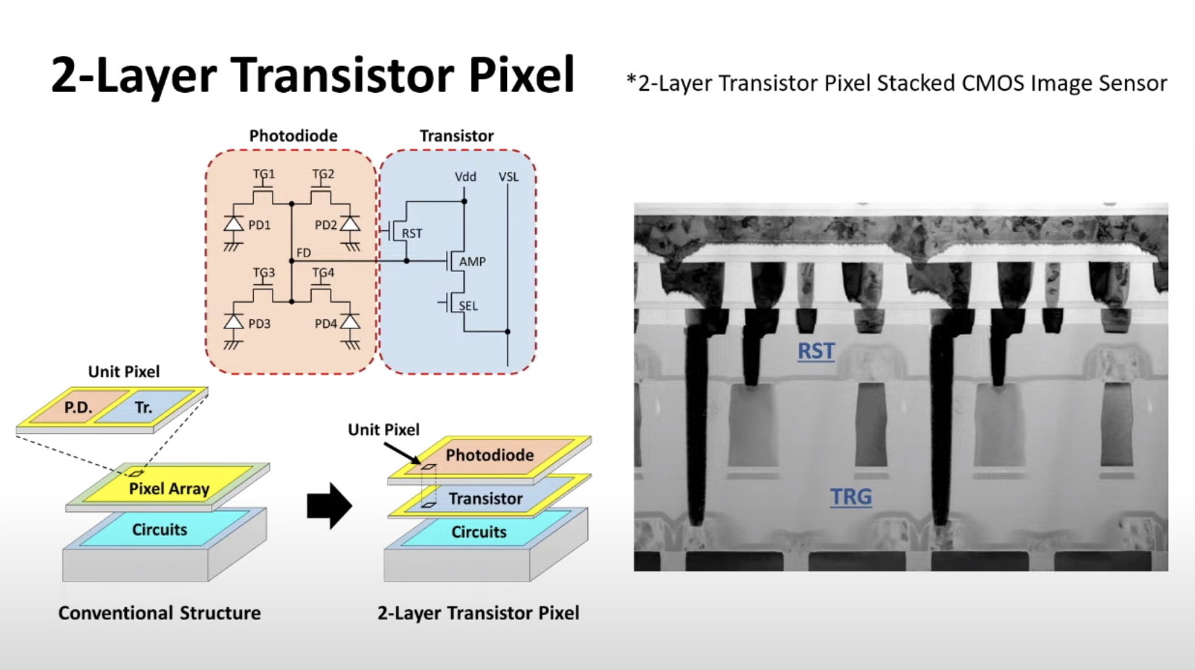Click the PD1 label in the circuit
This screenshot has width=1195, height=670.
[x=259, y=226]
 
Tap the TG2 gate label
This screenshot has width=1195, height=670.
[x=323, y=174]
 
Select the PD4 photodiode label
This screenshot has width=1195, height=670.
[x=326, y=323]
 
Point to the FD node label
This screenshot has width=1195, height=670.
[x=304, y=252]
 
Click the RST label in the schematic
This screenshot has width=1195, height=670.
[x=412, y=233]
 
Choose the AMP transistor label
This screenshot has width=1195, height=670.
[x=472, y=262]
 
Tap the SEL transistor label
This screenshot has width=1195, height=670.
[x=468, y=306]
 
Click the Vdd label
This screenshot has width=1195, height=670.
[x=466, y=176]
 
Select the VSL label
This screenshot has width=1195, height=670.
[x=508, y=176]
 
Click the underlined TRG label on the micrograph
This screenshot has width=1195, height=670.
[x=851, y=497]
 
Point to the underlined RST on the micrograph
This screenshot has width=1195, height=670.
[x=816, y=351]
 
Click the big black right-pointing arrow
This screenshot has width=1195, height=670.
[x=329, y=505]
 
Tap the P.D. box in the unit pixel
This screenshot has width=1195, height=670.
[x=78, y=408]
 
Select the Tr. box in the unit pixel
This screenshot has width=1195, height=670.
[x=144, y=408]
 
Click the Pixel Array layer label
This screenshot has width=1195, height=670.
[x=169, y=489]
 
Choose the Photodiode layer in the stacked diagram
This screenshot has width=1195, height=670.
[x=489, y=455]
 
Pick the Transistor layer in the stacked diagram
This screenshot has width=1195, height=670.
[x=485, y=499]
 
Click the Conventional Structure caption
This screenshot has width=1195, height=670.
[x=160, y=613]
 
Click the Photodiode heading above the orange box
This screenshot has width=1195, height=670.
[x=293, y=136]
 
